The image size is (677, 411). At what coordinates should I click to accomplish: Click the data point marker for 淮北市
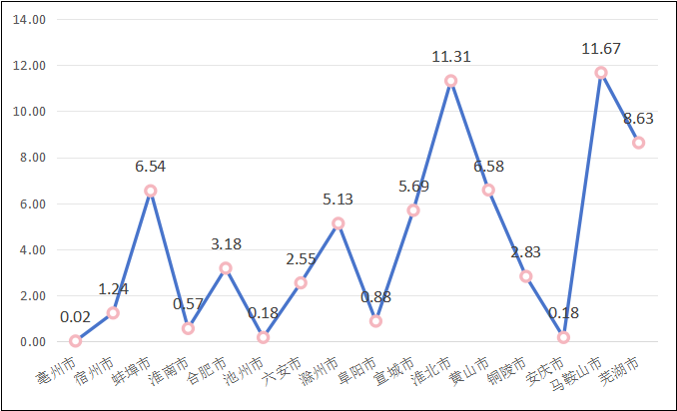click(450, 81)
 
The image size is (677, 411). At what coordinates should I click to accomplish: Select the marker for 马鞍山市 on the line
click(601, 73)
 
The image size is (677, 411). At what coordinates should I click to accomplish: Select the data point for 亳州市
click(75, 341)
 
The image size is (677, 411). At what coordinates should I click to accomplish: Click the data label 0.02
click(76, 318)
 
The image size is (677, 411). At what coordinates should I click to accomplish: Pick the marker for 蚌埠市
click(150, 191)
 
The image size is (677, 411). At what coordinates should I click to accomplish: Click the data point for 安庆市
click(563, 337)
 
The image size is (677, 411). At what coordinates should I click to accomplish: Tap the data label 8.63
click(638, 119)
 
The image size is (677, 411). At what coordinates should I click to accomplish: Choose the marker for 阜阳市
click(375, 321)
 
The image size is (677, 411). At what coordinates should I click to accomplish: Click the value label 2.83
click(526, 252)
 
